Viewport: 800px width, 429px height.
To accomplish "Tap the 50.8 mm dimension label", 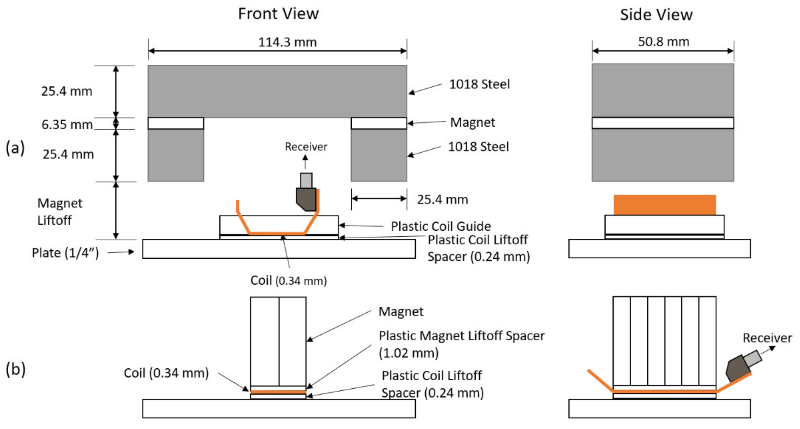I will [x=663, y=42].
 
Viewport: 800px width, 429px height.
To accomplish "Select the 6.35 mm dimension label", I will [x=67, y=125].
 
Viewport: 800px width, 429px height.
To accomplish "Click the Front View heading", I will [x=278, y=14].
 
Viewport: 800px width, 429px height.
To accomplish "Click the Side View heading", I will [x=656, y=15].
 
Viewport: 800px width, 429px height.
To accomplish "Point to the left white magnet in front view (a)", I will [x=176, y=123].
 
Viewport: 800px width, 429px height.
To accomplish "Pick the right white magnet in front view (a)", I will [x=379, y=123].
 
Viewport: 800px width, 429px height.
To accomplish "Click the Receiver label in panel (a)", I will [x=306, y=147].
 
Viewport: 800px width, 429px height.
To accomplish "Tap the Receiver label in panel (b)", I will [x=767, y=338].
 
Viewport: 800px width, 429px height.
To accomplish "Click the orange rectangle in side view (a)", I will [x=665, y=205].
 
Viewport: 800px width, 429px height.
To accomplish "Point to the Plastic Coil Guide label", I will [x=441, y=226].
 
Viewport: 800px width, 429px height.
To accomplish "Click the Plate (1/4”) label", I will [x=65, y=253].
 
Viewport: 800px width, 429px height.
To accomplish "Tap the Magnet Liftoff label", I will [x=60, y=212].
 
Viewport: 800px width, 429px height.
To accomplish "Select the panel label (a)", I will [x=15, y=148].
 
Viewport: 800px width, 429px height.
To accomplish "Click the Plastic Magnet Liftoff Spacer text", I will [x=462, y=336].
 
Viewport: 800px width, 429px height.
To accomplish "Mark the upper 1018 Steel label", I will [x=479, y=84].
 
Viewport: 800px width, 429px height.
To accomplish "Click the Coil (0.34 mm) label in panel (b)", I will [x=166, y=373].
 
